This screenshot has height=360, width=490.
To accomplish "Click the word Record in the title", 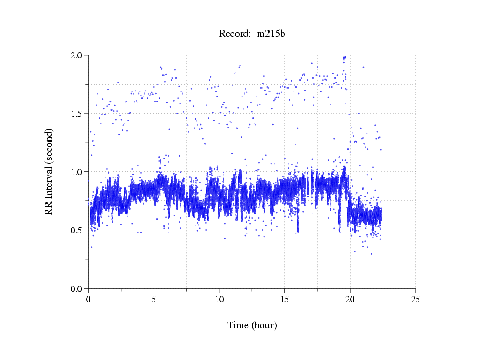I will (232, 34).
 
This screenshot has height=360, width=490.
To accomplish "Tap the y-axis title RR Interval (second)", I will (49, 171).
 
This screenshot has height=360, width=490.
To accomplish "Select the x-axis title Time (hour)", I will (252, 325).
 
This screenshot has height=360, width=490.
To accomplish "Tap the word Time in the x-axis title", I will (239, 325).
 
